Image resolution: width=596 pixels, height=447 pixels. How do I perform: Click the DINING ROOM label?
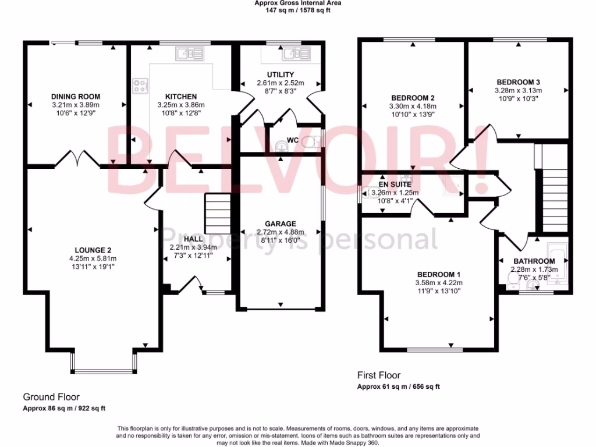(76, 97)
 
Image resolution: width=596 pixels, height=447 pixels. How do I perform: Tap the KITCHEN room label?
(181, 97)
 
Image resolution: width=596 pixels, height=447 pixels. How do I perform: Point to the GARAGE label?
(281, 223)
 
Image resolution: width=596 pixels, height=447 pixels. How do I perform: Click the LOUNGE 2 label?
(92, 250)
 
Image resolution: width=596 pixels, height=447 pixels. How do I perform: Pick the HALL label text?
(193, 239)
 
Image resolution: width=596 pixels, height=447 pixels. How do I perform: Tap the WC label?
(292, 140)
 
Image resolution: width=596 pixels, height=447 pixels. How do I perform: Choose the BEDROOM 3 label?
(518, 82)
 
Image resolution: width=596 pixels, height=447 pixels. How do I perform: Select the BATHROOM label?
(534, 261)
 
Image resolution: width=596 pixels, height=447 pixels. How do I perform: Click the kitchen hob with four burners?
(140, 86)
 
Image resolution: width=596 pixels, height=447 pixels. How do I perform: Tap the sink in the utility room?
(289, 56)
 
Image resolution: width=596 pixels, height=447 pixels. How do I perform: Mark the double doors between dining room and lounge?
(78, 158)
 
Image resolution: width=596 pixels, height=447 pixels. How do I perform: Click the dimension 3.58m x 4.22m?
(438, 283)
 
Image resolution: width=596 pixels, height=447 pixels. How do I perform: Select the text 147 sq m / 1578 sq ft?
(297, 10)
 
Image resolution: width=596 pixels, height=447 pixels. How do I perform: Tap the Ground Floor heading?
(51, 397)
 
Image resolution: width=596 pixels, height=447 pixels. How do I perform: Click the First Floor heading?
(378, 376)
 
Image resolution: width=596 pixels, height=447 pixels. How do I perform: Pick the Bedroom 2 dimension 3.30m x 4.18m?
(413, 107)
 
